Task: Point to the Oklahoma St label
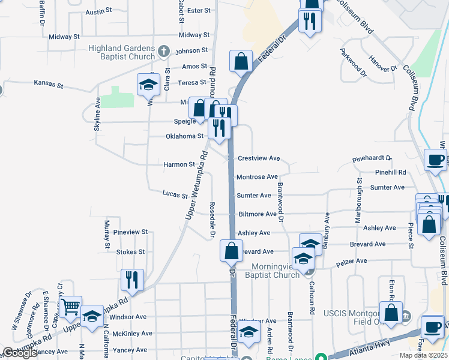[185, 136]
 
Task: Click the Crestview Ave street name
[259, 158]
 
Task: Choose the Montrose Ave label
[257, 177]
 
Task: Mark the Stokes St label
[130, 252]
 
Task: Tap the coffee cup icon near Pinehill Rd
[436, 160]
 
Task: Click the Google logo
[20, 353]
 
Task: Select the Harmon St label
[179, 164]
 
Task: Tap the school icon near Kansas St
[148, 85]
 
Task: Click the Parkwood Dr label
[352, 63]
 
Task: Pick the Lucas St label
[175, 194]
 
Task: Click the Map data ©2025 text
[424, 355]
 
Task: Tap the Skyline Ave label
[97, 113]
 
